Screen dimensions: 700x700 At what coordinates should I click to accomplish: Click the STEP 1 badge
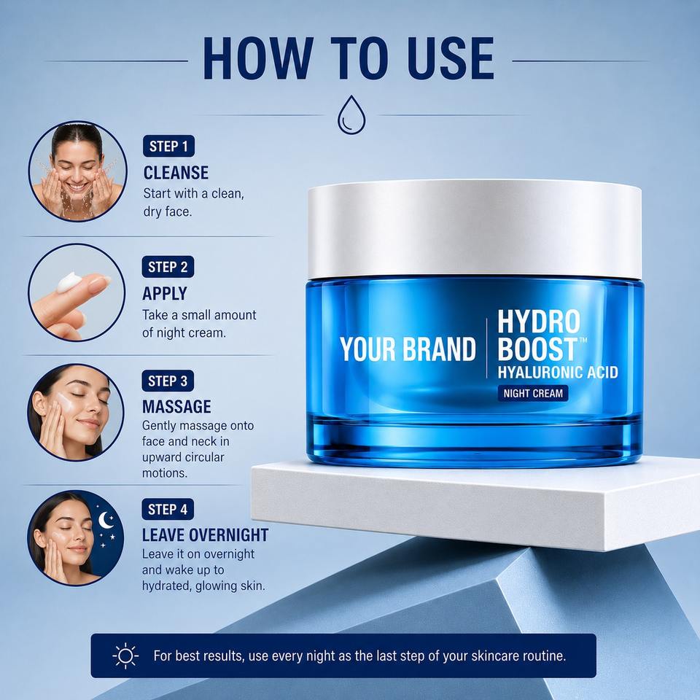point(168,146)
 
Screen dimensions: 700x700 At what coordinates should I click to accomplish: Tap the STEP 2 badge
point(168,267)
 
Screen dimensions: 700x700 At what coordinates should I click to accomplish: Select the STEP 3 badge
point(168,381)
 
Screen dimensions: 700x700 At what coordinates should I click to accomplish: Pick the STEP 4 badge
point(168,510)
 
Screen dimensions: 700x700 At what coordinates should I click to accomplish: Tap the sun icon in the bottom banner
point(125,656)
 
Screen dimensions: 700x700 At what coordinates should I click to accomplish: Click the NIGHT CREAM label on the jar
point(533,393)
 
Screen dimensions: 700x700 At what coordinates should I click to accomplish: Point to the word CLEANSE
point(176,173)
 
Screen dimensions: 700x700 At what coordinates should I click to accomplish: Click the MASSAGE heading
point(176,407)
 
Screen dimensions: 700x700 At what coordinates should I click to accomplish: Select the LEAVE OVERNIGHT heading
point(206,534)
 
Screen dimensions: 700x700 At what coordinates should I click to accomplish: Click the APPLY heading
point(165,294)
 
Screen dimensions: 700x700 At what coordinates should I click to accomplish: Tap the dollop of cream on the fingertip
point(69,282)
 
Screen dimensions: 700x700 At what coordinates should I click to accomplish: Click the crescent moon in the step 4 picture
point(105,520)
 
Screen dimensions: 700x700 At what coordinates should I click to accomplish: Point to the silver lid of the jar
point(475,228)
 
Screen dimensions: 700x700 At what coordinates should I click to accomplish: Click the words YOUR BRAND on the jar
point(408,349)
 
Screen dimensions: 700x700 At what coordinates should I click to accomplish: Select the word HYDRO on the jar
point(539,322)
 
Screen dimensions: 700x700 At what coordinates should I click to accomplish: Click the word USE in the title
point(451,58)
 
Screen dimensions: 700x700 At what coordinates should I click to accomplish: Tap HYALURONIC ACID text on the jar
point(558,373)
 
